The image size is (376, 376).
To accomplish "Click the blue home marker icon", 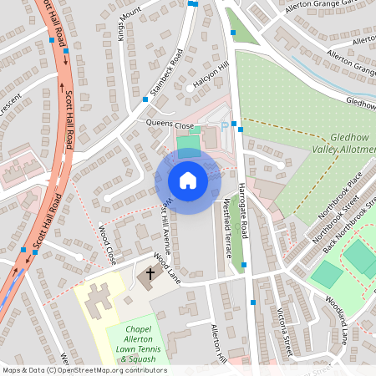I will coord(187,180).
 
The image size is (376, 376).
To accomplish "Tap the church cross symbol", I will coord(151,273).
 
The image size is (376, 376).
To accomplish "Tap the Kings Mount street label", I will coord(128,23).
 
